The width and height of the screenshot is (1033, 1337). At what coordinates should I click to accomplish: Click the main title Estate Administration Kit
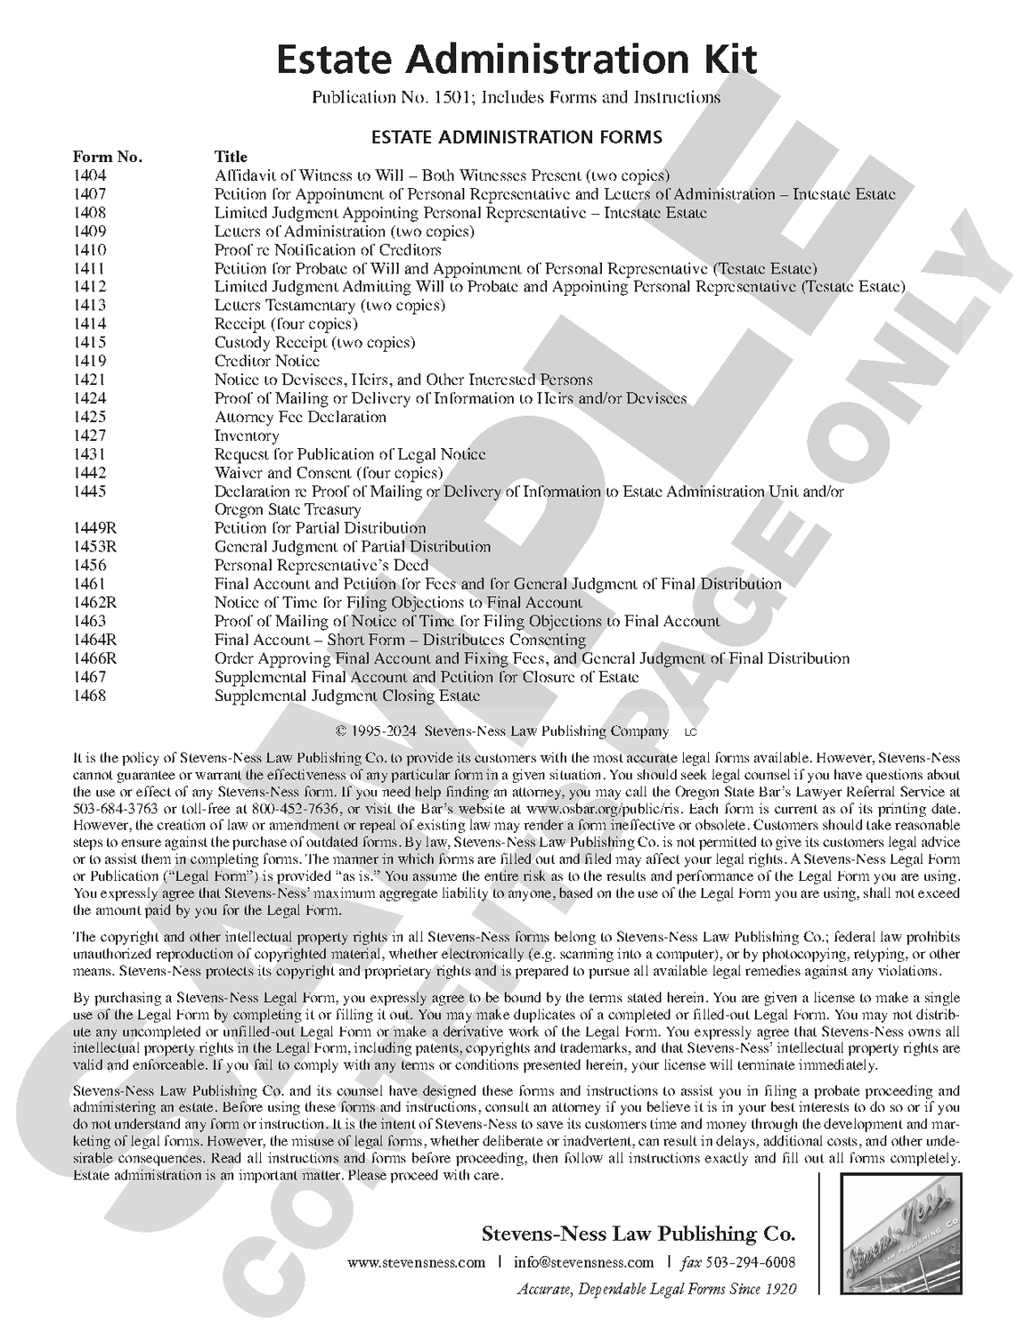(516, 61)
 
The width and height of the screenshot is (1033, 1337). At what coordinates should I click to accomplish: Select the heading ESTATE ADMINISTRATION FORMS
(516, 137)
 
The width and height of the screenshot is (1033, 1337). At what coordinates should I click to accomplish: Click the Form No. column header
(108, 158)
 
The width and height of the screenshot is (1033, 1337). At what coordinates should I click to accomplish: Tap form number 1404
(89, 176)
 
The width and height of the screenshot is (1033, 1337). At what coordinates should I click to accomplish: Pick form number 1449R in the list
(95, 528)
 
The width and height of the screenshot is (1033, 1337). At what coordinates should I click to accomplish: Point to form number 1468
(89, 696)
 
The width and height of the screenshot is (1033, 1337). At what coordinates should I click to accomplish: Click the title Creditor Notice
(267, 361)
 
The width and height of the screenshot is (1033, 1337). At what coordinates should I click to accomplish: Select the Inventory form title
(247, 436)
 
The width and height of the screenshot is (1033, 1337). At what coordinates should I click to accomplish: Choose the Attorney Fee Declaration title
(300, 417)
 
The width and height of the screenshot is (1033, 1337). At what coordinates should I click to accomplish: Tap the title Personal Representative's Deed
(321, 566)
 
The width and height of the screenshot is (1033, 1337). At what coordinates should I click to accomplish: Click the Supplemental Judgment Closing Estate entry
(347, 696)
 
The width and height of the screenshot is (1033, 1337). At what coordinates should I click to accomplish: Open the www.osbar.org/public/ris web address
(595, 810)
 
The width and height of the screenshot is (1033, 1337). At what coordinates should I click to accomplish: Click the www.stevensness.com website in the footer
(416, 1262)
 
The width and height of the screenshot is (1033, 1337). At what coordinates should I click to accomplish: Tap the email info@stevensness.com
(583, 1262)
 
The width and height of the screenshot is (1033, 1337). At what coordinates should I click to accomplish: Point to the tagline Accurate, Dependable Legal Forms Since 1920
(656, 1289)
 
